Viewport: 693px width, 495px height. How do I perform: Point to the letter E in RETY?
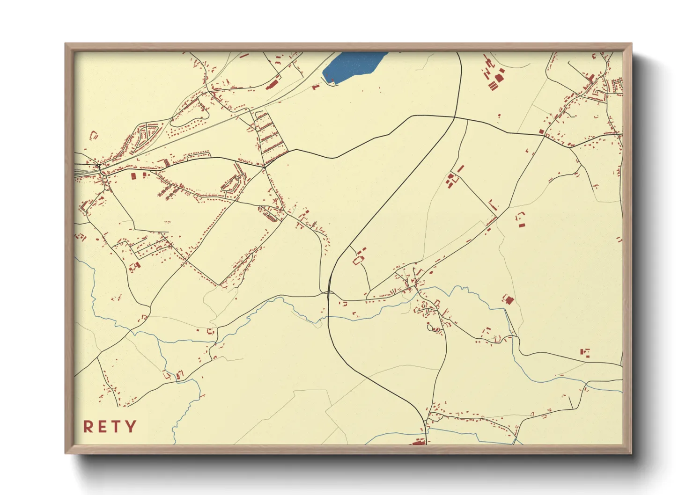click(103, 427)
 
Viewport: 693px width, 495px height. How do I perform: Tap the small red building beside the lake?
click(316, 86)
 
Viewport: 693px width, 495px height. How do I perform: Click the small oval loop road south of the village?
click(430, 328)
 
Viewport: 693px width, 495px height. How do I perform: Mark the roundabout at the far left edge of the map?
click(101, 167)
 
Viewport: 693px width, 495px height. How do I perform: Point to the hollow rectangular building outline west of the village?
click(359, 260)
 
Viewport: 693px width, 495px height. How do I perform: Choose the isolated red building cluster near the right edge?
click(584, 352)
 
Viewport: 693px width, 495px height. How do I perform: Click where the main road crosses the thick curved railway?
click(330, 294)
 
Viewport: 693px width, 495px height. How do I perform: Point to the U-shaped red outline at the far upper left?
click(93, 135)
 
